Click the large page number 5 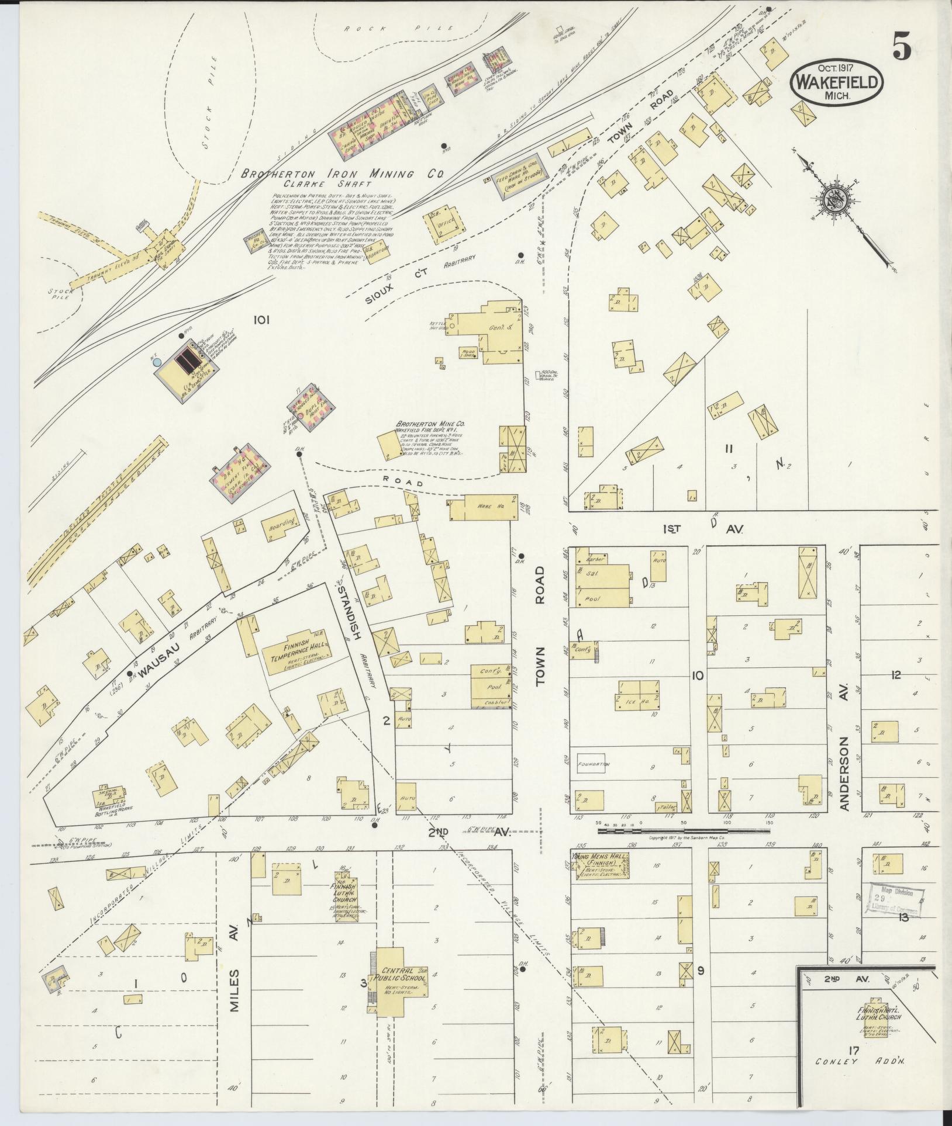[x=901, y=47]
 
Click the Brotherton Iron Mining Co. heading [x=344, y=174]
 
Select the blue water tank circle [x=157, y=362]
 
